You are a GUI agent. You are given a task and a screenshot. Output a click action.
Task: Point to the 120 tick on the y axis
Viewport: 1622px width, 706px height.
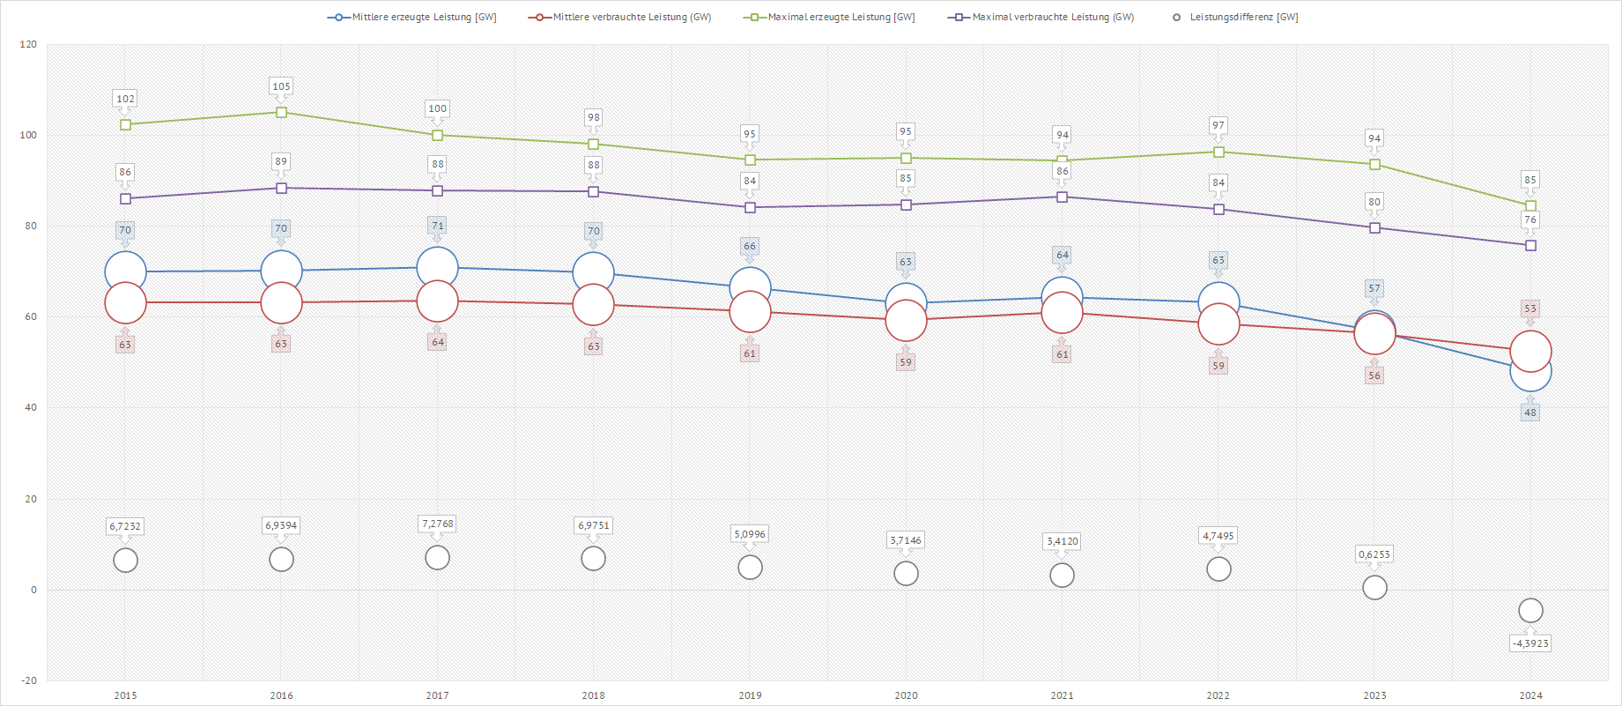click(29, 44)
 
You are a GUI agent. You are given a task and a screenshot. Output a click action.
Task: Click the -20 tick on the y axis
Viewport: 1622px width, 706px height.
click(29, 680)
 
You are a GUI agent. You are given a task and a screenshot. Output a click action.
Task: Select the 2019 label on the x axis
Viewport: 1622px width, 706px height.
click(750, 695)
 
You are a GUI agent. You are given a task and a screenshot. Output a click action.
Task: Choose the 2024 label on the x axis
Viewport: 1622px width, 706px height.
click(1530, 695)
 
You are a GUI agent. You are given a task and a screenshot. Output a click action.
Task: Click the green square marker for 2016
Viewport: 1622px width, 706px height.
click(281, 112)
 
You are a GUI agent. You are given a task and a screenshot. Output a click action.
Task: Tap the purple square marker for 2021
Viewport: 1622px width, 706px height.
click(1062, 197)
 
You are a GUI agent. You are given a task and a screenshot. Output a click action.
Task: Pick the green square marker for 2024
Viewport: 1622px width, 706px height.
click(1530, 205)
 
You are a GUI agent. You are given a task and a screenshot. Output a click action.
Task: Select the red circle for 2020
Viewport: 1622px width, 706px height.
click(906, 321)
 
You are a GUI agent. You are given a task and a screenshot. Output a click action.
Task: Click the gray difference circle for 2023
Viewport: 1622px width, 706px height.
click(1374, 587)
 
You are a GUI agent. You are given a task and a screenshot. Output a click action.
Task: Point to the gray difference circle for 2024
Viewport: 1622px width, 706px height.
click(1530, 610)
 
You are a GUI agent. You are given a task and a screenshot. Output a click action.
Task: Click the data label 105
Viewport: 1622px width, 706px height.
click(281, 86)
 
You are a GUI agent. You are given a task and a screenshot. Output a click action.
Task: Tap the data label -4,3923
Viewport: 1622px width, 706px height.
click(1530, 643)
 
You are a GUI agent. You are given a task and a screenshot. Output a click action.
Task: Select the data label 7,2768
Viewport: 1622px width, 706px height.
click(437, 524)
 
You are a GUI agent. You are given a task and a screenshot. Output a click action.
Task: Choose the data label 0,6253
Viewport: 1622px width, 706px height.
click(1374, 554)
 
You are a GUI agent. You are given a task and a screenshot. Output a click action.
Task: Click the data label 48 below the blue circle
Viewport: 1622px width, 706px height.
click(1530, 412)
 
